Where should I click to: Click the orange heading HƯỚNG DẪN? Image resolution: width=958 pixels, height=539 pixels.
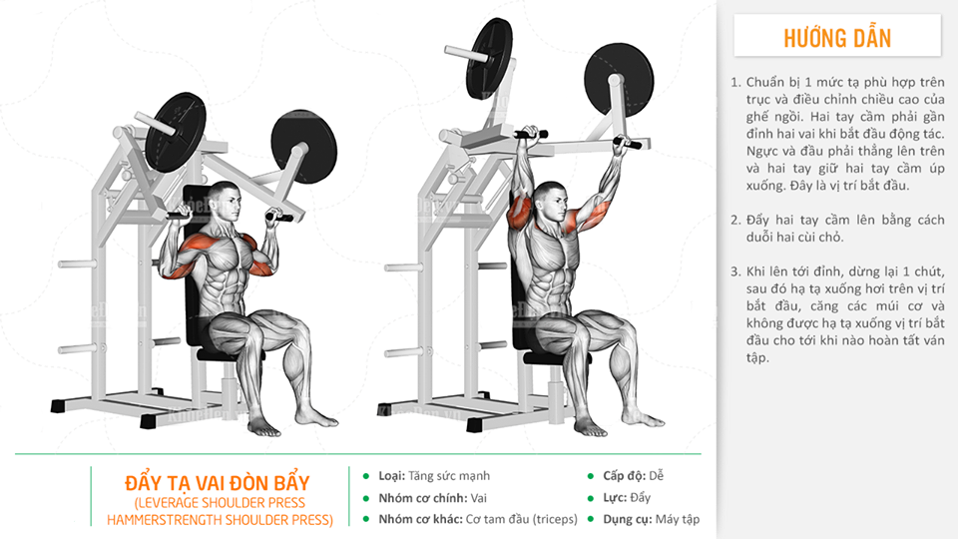pos(837,38)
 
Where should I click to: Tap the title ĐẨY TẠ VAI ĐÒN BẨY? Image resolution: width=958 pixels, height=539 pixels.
pos(218,483)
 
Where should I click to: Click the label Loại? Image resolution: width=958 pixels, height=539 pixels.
pos(391,475)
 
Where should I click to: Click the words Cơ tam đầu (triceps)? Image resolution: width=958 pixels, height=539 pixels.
pos(521,519)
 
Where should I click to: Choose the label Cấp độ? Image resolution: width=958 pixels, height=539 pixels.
pos(624,475)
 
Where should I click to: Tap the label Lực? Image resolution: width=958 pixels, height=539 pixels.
pos(614,497)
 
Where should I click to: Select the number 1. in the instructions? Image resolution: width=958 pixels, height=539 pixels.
pos(735,82)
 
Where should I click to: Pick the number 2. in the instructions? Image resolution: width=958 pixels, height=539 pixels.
pos(735,220)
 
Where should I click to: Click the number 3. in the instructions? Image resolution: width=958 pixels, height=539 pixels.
pos(735,271)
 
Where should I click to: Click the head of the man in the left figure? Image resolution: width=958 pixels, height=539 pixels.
pos(225,201)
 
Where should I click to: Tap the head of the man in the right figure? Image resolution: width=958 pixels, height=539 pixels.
pos(551,201)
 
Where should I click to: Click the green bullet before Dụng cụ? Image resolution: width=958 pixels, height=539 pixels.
pos(590,519)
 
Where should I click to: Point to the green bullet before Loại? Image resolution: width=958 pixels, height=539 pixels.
pos(366,476)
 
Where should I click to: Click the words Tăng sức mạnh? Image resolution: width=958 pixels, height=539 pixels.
pos(449,475)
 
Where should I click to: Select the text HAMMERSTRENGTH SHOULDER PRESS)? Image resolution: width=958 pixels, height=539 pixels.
pos(220,520)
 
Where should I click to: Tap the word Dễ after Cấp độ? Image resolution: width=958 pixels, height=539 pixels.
pos(657,475)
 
